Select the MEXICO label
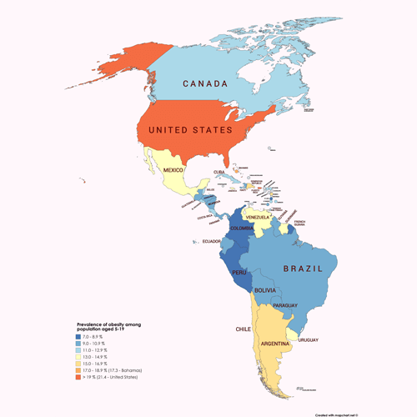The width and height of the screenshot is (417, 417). pyautogui.click(x=173, y=170)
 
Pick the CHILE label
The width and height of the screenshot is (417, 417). pyautogui.click(x=243, y=329)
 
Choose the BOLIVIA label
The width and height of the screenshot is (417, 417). pyautogui.click(x=265, y=289)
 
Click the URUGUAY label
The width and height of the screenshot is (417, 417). pyautogui.click(x=308, y=340)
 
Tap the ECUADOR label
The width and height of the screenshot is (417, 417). pyautogui.click(x=212, y=242)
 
